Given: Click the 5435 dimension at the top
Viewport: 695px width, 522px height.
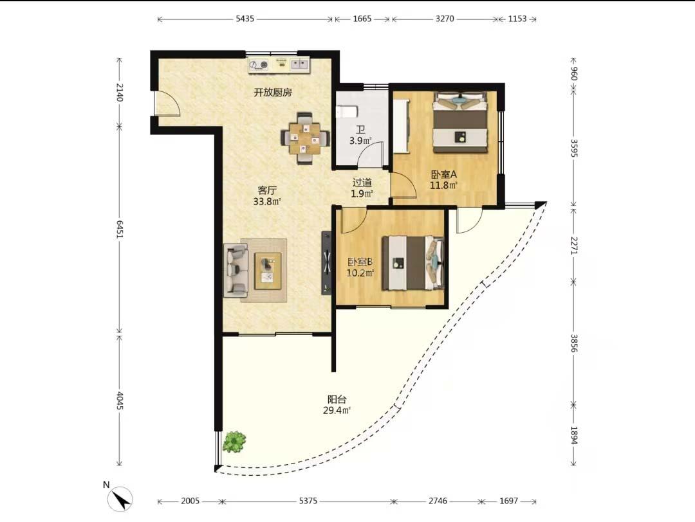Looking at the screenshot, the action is coord(245,19).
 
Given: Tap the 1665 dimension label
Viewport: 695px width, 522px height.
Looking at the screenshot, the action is coord(362,19).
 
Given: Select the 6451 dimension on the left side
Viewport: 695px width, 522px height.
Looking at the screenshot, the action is coord(119,229).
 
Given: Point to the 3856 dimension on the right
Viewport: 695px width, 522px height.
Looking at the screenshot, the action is coord(574,343).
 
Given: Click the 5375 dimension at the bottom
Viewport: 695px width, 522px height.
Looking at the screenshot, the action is coord(308,501).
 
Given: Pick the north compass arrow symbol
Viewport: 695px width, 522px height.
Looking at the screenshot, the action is coord(120,498).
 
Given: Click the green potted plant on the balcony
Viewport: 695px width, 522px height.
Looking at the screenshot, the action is coord(234,442).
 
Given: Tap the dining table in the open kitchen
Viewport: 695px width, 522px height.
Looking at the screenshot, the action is coord(305,138).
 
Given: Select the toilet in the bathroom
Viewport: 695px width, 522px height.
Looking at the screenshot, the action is coord(347,112).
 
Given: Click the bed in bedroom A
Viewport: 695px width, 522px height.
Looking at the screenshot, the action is coord(459,122).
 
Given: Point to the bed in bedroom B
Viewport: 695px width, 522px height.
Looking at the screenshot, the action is coord(413,263).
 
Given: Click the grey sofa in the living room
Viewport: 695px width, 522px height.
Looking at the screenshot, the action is coord(236,270).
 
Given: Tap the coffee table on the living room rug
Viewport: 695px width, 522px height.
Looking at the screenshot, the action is coord(268,271).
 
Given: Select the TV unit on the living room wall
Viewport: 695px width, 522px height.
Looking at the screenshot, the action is coord(326,263).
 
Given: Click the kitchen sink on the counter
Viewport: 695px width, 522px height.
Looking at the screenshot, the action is coord(300,65).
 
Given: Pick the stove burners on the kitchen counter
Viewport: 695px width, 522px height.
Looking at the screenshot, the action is coord(259,65).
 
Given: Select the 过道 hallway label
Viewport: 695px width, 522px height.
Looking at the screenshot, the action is coord(362,183).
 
